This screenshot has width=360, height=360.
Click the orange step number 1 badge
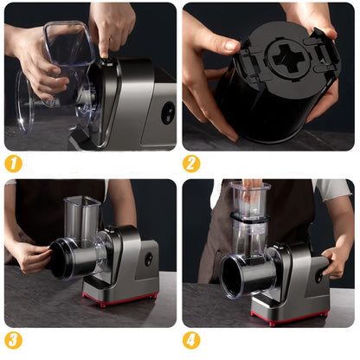14,163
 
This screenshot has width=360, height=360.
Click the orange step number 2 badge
192,163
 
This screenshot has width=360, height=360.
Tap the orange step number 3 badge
14,339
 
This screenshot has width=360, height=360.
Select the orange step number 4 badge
192,339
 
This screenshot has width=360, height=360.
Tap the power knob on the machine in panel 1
167,112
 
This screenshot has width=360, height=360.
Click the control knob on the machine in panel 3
148,259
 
